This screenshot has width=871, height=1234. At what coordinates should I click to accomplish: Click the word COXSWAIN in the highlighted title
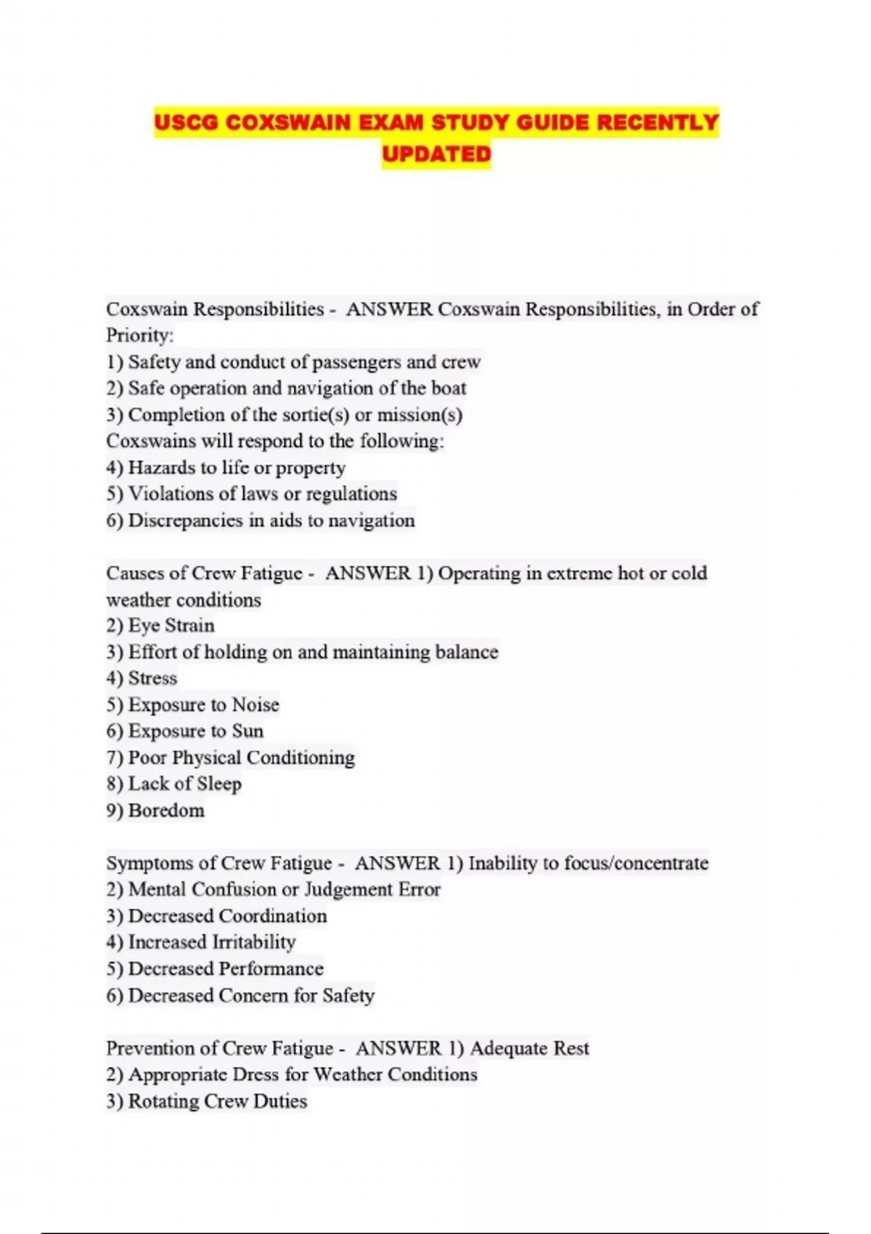(x=287, y=123)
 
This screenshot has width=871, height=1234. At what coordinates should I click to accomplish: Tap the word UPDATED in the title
(x=436, y=154)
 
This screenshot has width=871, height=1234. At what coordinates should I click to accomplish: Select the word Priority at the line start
(x=138, y=335)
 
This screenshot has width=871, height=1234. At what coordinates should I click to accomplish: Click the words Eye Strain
(x=171, y=626)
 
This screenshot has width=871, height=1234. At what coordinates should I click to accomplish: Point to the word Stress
(x=152, y=678)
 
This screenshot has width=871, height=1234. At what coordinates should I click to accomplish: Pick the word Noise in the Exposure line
(x=255, y=705)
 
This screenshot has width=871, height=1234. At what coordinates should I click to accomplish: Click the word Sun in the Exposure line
(x=248, y=731)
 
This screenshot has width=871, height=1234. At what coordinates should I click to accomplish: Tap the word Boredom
(x=166, y=810)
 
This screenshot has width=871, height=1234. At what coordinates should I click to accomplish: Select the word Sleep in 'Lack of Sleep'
(x=219, y=784)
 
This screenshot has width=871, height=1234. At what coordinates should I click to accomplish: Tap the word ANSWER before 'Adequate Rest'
(x=398, y=1048)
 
